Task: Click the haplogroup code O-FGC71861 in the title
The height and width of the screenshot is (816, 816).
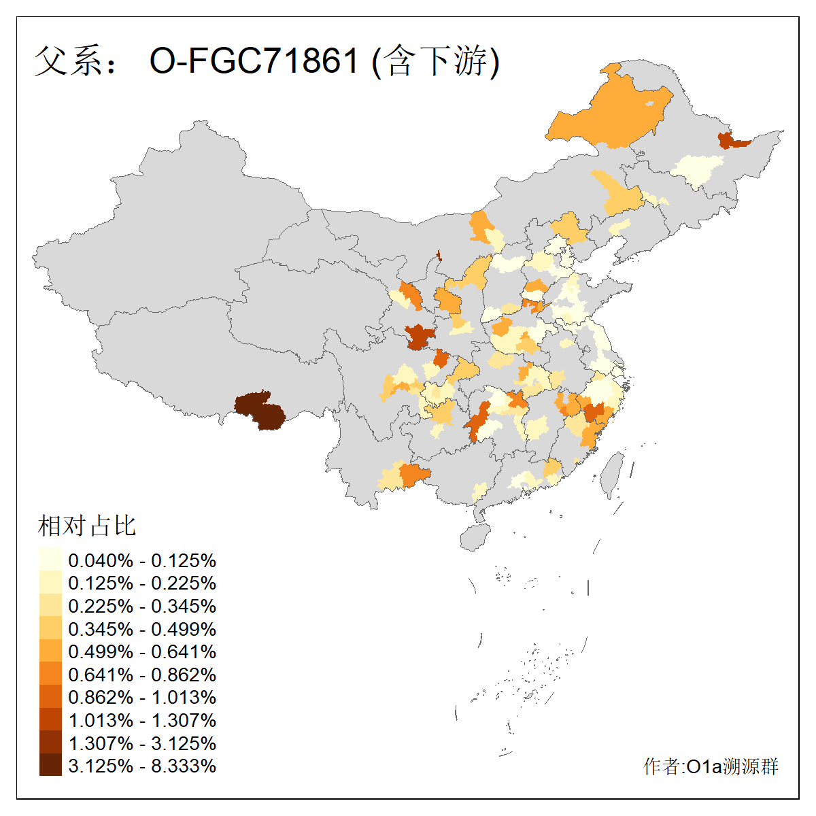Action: click(x=253, y=61)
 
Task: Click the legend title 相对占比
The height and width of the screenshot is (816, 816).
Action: click(x=86, y=526)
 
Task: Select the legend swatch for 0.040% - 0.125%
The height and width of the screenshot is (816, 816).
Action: click(x=50, y=560)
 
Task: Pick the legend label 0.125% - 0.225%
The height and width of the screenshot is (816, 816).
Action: click(x=142, y=583)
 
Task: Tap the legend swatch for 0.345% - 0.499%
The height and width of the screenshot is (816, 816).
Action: click(x=50, y=628)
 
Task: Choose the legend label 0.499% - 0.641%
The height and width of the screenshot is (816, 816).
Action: click(x=142, y=651)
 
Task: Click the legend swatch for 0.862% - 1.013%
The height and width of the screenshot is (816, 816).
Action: click(x=50, y=697)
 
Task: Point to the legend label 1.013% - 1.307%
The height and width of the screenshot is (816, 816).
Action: click(x=142, y=720)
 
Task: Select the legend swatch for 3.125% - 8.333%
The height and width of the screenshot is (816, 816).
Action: click(x=50, y=766)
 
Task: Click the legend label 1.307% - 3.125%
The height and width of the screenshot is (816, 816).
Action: click(x=142, y=743)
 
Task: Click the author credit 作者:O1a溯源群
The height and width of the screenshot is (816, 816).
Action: click(x=711, y=766)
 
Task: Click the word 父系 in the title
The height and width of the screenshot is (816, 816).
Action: click(x=67, y=61)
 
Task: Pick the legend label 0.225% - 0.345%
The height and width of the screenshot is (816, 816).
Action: click(x=142, y=606)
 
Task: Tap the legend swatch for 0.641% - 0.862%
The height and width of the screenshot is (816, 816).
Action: click(x=50, y=675)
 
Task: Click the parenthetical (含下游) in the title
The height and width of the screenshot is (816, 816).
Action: click(x=436, y=61)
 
